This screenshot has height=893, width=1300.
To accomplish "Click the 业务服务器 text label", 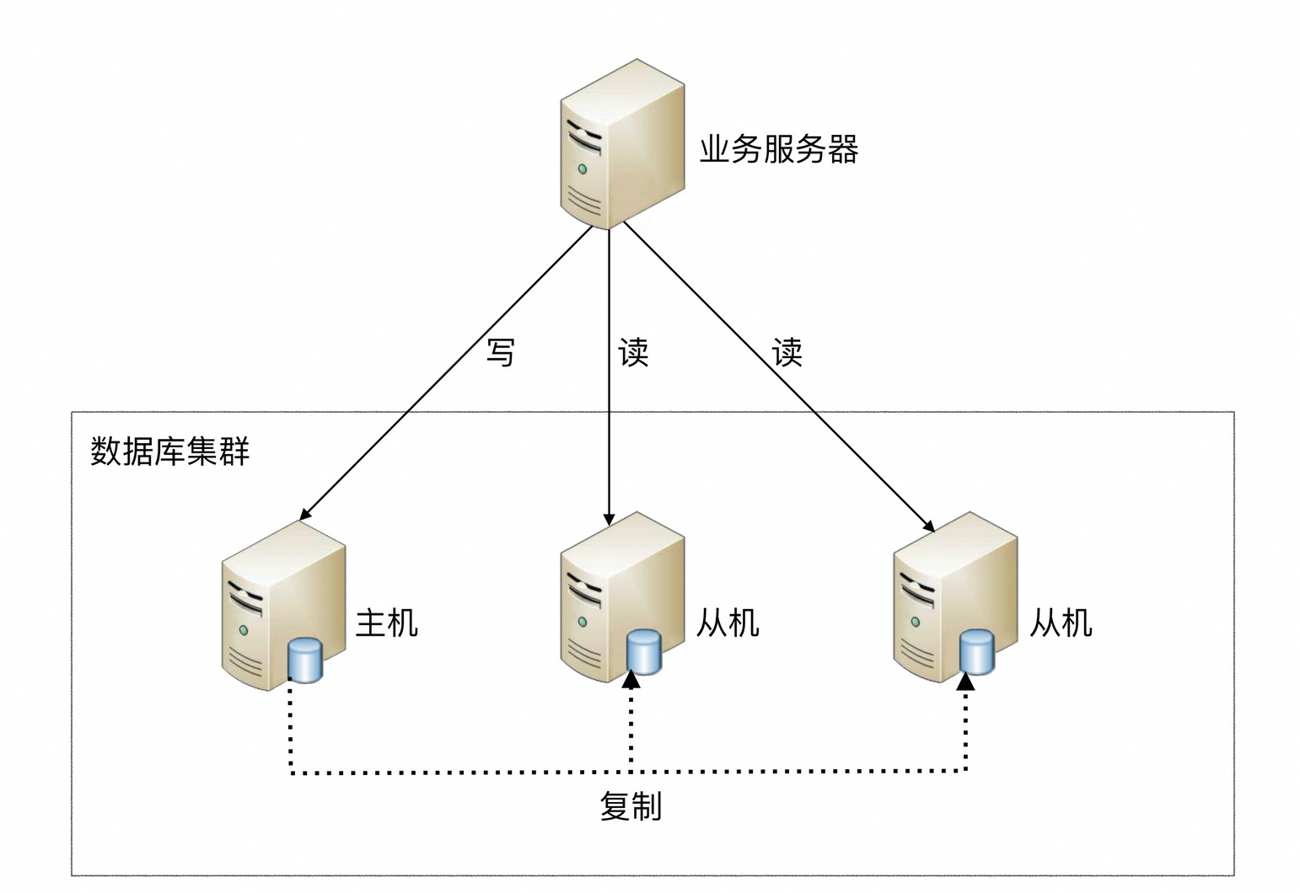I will pyautogui.click(x=778, y=150).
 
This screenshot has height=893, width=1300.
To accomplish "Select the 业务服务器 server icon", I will pyautogui.click(x=621, y=143).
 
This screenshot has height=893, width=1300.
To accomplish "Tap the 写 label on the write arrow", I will pyautogui.click(x=501, y=352).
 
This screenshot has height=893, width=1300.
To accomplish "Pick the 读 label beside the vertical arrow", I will pyautogui.click(x=633, y=352).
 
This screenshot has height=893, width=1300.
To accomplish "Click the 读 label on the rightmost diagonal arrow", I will pyautogui.click(x=787, y=352).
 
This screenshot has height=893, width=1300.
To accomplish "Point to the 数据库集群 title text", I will pyautogui.click(x=169, y=452).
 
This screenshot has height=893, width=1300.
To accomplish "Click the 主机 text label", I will pyautogui.click(x=387, y=623).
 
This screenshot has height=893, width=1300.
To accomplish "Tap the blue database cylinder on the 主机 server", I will pyautogui.click(x=304, y=660).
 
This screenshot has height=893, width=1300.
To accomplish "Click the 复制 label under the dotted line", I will pyautogui.click(x=631, y=806).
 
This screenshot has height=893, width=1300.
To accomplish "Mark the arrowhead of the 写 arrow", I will pyautogui.click(x=305, y=513).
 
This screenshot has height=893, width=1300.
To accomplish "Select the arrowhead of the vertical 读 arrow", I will pyautogui.click(x=609, y=520).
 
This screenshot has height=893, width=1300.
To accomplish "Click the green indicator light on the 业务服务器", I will pyautogui.click(x=582, y=169).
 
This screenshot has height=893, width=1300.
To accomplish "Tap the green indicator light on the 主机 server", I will pyautogui.click(x=244, y=629).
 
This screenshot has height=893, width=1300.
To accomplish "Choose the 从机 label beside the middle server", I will pyautogui.click(x=728, y=623).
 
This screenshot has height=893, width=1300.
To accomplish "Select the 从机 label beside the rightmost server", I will pyautogui.click(x=1061, y=623).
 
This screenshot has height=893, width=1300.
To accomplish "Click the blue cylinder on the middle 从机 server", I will pyautogui.click(x=643, y=651).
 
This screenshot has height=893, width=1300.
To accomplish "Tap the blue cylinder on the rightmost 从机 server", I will pyautogui.click(x=977, y=651).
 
